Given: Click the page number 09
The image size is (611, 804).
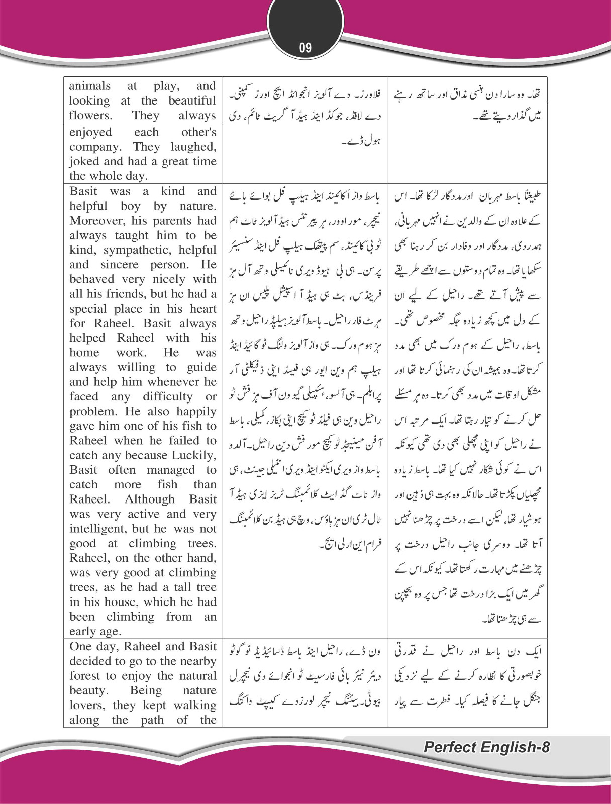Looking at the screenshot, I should (305, 48).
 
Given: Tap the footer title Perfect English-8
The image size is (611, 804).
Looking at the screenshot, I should (486, 747).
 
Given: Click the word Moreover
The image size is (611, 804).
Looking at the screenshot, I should (95, 221).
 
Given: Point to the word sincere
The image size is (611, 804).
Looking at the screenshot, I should (120, 264).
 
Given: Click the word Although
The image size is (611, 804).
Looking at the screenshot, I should (150, 499).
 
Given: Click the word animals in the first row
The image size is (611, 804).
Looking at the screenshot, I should (90, 86).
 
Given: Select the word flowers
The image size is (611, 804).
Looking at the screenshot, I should (91, 115).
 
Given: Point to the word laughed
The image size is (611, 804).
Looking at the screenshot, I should (193, 147).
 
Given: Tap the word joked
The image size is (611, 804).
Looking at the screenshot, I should (84, 161).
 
